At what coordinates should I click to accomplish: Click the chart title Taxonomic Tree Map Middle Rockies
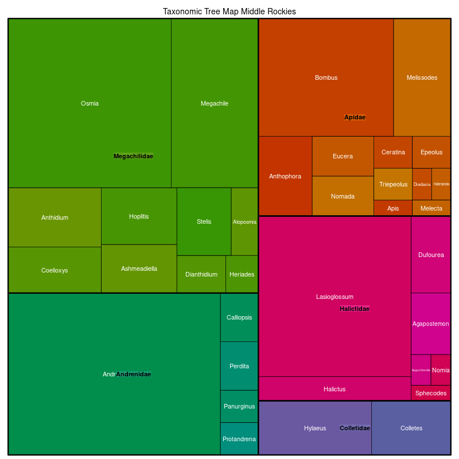tap(229, 11)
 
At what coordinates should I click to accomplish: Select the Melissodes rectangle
tap(422, 77)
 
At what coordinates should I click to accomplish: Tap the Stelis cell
tap(204, 221)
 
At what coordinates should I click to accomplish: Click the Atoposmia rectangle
tap(244, 221)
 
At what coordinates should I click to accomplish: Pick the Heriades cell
tap(242, 274)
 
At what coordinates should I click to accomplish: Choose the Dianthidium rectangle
tap(201, 274)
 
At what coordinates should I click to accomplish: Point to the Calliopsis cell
tap(239, 317)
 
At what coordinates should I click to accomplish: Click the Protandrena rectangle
tap(239, 439)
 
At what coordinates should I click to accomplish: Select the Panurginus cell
tap(239, 406)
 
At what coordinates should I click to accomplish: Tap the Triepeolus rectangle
tap(393, 184)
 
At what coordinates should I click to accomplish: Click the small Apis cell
tap(393, 208)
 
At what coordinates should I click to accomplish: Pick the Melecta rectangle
tap(431, 208)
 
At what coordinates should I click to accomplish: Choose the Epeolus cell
tap(431, 152)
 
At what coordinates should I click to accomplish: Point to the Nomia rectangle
tap(441, 370)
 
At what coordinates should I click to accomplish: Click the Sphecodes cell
tap(431, 393)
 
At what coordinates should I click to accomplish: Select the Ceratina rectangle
tap(393, 152)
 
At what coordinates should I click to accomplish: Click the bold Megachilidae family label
tap(133, 156)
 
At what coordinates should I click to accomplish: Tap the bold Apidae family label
tap(355, 117)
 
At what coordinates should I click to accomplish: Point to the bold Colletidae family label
tap(355, 428)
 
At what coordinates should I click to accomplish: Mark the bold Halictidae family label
tap(355, 309)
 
